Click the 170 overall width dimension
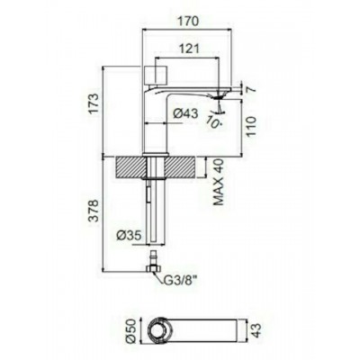pos(189,22)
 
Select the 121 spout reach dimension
pos(189,49)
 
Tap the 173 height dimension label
pos(94,103)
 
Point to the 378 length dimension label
pos(94,211)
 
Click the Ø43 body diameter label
pos(186,113)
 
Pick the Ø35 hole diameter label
pos(129,236)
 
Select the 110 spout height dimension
pos(251,126)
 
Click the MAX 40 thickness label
pos(219,183)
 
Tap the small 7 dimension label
pos(251,89)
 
